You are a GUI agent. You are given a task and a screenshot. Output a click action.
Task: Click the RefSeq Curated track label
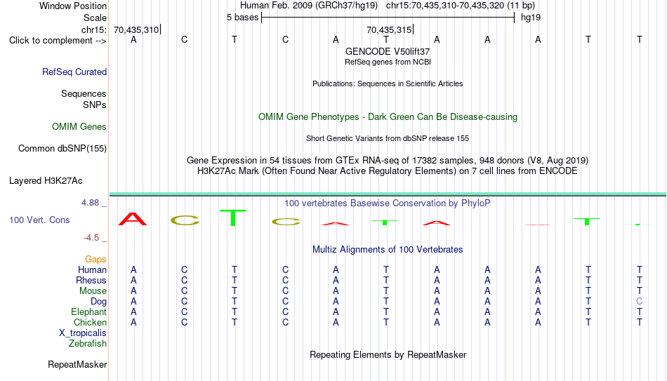point(74,72)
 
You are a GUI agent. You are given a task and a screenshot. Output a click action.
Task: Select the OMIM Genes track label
point(79,127)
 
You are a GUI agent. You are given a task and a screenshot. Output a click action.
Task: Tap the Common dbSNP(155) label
point(62,149)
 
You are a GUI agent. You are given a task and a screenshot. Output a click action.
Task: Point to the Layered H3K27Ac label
point(46,181)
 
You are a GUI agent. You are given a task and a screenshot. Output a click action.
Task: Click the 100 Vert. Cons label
point(39,220)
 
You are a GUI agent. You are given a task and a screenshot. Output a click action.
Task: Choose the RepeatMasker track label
point(77,364)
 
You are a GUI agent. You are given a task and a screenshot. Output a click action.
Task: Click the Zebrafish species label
point(88,343)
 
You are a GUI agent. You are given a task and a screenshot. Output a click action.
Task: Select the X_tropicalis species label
point(83,333)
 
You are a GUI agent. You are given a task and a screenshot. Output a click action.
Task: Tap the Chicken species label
point(90,322)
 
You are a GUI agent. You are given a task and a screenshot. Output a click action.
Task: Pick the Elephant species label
point(89,312)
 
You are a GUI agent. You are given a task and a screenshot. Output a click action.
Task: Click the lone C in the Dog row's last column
point(639,302)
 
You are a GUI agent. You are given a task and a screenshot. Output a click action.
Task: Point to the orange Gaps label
point(95,260)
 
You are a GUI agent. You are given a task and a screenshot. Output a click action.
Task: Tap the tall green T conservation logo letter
point(232,218)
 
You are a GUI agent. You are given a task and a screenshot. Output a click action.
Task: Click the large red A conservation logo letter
point(133,219)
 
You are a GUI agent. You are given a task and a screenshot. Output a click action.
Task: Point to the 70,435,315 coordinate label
point(389,29)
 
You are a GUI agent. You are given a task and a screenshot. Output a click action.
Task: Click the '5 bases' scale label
point(242,18)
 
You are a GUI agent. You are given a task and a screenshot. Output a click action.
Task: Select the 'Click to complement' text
point(51,41)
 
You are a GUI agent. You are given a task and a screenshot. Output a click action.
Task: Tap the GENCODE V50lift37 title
point(388,51)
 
